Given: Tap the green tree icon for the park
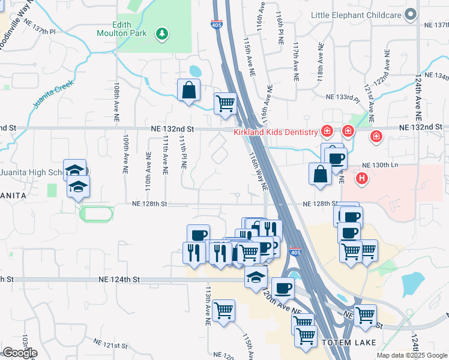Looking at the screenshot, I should coord(161,34).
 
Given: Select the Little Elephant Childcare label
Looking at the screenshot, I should coord(355,14).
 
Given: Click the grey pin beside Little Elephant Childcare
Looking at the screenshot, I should coord(411,14).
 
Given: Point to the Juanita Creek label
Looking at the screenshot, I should coord(53,94).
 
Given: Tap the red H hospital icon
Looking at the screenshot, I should coord(361,178).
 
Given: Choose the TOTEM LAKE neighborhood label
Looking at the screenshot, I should coord(348,343).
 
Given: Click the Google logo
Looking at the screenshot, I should coord(19,353).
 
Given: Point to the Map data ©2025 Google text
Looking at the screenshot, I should coord(411,355).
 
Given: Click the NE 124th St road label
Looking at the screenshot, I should coord(119,280).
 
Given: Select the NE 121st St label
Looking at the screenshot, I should coord(111,344).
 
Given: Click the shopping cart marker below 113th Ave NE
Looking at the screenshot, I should coord(224,311).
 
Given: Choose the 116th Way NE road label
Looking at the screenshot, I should coord(258,171).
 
